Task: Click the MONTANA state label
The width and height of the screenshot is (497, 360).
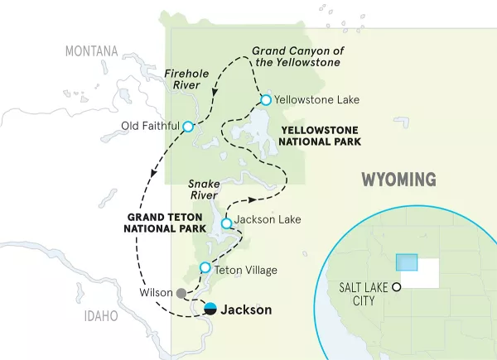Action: pos(91,51)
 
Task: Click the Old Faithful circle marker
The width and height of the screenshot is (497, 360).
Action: pos(188,127)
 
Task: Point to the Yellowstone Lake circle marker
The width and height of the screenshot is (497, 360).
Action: pos(266,100)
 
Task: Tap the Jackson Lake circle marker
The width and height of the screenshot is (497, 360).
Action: pos(226,223)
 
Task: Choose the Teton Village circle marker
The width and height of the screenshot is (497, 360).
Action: pos(205,267)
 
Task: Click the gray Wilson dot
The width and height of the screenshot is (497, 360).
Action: pos(181,292)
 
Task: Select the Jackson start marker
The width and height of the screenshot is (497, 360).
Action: pos(210,310)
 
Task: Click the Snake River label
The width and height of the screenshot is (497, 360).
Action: pos(202,190)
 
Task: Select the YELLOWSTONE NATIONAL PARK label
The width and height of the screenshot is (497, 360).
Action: pos(320,136)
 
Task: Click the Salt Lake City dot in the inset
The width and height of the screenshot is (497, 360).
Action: pos(397,286)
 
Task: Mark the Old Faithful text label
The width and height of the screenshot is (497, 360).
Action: pos(149,127)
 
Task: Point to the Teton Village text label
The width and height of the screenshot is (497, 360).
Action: pos(245,270)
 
